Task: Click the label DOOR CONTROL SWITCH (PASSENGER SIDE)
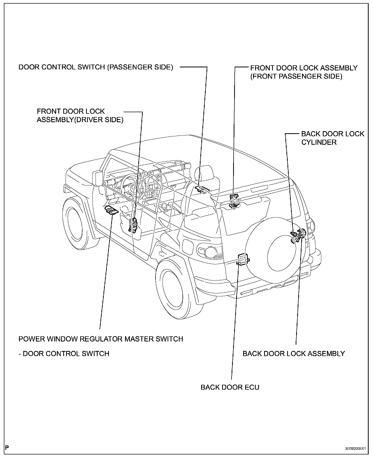click(x=96, y=67)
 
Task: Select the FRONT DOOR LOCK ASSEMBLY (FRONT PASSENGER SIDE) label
click(x=304, y=72)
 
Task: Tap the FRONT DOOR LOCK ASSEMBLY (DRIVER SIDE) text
click(x=80, y=116)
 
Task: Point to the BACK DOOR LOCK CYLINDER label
click(x=332, y=138)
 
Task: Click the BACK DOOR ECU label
click(x=230, y=387)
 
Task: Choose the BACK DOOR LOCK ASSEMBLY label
click(x=294, y=354)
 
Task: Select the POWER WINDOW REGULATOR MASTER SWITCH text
click(x=101, y=339)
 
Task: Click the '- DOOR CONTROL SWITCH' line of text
click(x=64, y=354)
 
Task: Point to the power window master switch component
click(x=111, y=210)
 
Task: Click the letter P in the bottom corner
click(x=7, y=448)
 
